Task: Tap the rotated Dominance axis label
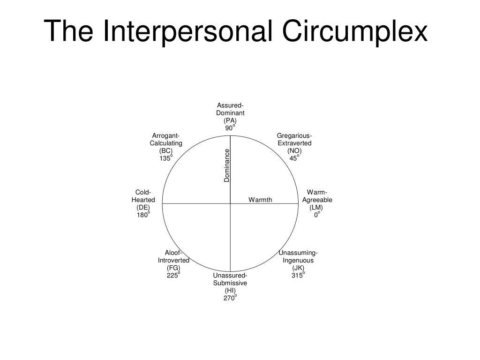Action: point(227,165)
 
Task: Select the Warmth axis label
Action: point(260,200)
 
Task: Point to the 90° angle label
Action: point(230,128)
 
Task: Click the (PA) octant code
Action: point(230,120)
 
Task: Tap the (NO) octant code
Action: point(294,150)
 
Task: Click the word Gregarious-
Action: point(294,136)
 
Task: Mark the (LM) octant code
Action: point(317,207)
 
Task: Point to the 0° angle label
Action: point(317,215)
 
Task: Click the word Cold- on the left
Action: point(143,192)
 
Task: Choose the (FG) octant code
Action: point(173,268)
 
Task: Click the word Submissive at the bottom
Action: point(230,283)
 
